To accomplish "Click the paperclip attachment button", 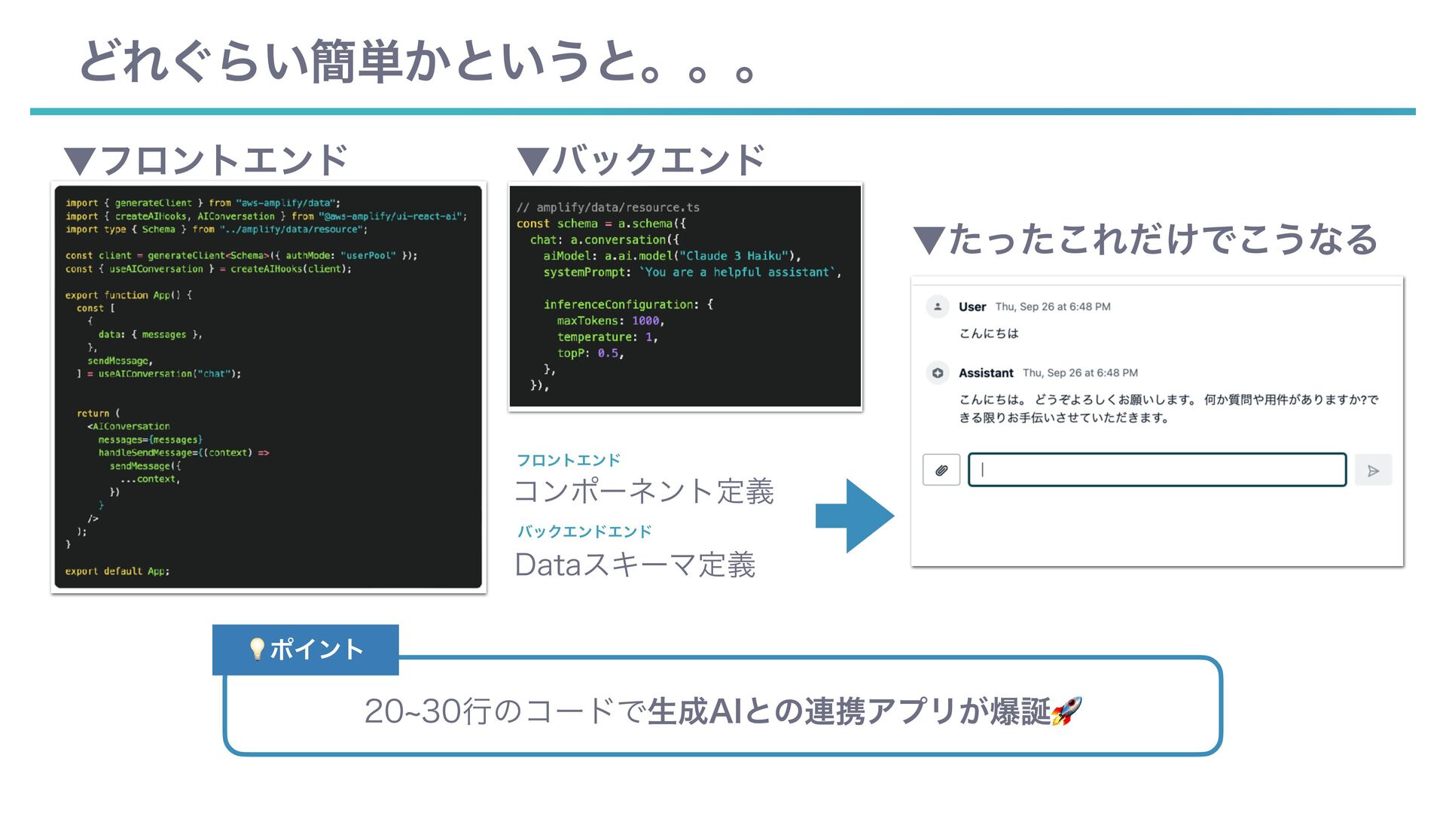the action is click(x=941, y=470).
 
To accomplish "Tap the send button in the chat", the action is click(x=1373, y=470).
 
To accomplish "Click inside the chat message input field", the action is click(x=1157, y=470).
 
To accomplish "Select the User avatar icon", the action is click(x=938, y=306).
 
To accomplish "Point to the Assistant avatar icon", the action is click(x=938, y=373).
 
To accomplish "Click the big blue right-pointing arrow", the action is click(x=856, y=516).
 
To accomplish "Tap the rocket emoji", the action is click(x=1066, y=711).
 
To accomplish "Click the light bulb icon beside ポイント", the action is click(x=257, y=649).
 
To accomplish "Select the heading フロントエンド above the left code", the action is click(x=206, y=160).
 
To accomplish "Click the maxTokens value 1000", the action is click(x=645, y=321).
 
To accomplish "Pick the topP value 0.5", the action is click(x=608, y=353).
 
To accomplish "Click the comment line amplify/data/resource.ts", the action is click(x=609, y=207).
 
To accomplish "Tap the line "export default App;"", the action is click(x=117, y=571).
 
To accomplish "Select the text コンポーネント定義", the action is click(x=644, y=491).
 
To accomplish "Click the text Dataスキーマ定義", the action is click(x=635, y=565).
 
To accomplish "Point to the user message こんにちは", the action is click(x=989, y=333).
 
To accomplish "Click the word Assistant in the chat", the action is click(x=986, y=373).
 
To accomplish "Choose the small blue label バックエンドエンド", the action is click(x=584, y=531).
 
